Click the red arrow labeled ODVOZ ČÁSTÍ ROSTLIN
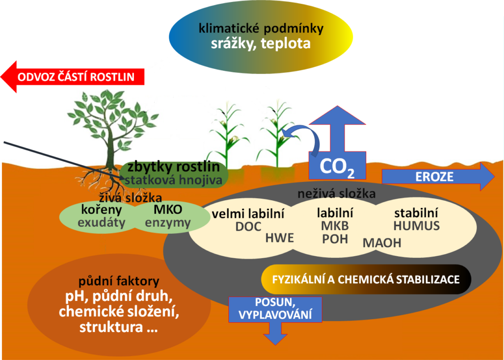click(74, 77)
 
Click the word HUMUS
click(416, 226)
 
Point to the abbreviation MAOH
click(382, 242)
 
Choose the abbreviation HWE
click(279, 239)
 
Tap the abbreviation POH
click(335, 239)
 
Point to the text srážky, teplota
click(261, 43)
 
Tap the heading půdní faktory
click(119, 282)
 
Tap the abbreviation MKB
click(335, 227)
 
